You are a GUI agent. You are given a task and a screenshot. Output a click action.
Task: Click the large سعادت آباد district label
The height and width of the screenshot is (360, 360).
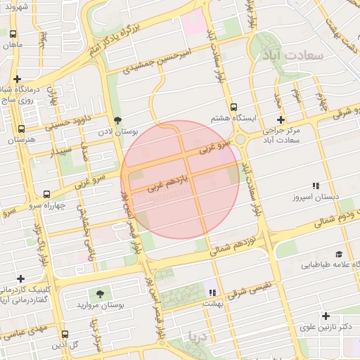point(295,54)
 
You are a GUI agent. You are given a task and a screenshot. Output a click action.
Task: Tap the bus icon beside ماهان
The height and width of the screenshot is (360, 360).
point(13,33)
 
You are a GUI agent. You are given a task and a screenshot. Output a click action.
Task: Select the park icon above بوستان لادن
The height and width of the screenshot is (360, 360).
point(117,120)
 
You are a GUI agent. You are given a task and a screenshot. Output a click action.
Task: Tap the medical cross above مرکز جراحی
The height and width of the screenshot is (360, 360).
point(281,120)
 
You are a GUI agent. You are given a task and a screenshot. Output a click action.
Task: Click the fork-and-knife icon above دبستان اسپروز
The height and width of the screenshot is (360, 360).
point(316,186)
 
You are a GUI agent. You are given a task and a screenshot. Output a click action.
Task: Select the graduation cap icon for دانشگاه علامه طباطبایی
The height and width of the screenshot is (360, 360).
point(339,254)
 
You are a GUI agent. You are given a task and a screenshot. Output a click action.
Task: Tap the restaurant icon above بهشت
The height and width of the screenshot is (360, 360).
point(212,292)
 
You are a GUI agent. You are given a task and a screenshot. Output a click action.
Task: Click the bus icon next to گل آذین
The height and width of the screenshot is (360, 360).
point(65,335)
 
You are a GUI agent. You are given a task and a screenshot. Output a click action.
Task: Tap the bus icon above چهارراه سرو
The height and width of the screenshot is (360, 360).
point(46,194)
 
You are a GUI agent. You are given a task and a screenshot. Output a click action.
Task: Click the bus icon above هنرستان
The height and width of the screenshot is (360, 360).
point(21,129)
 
